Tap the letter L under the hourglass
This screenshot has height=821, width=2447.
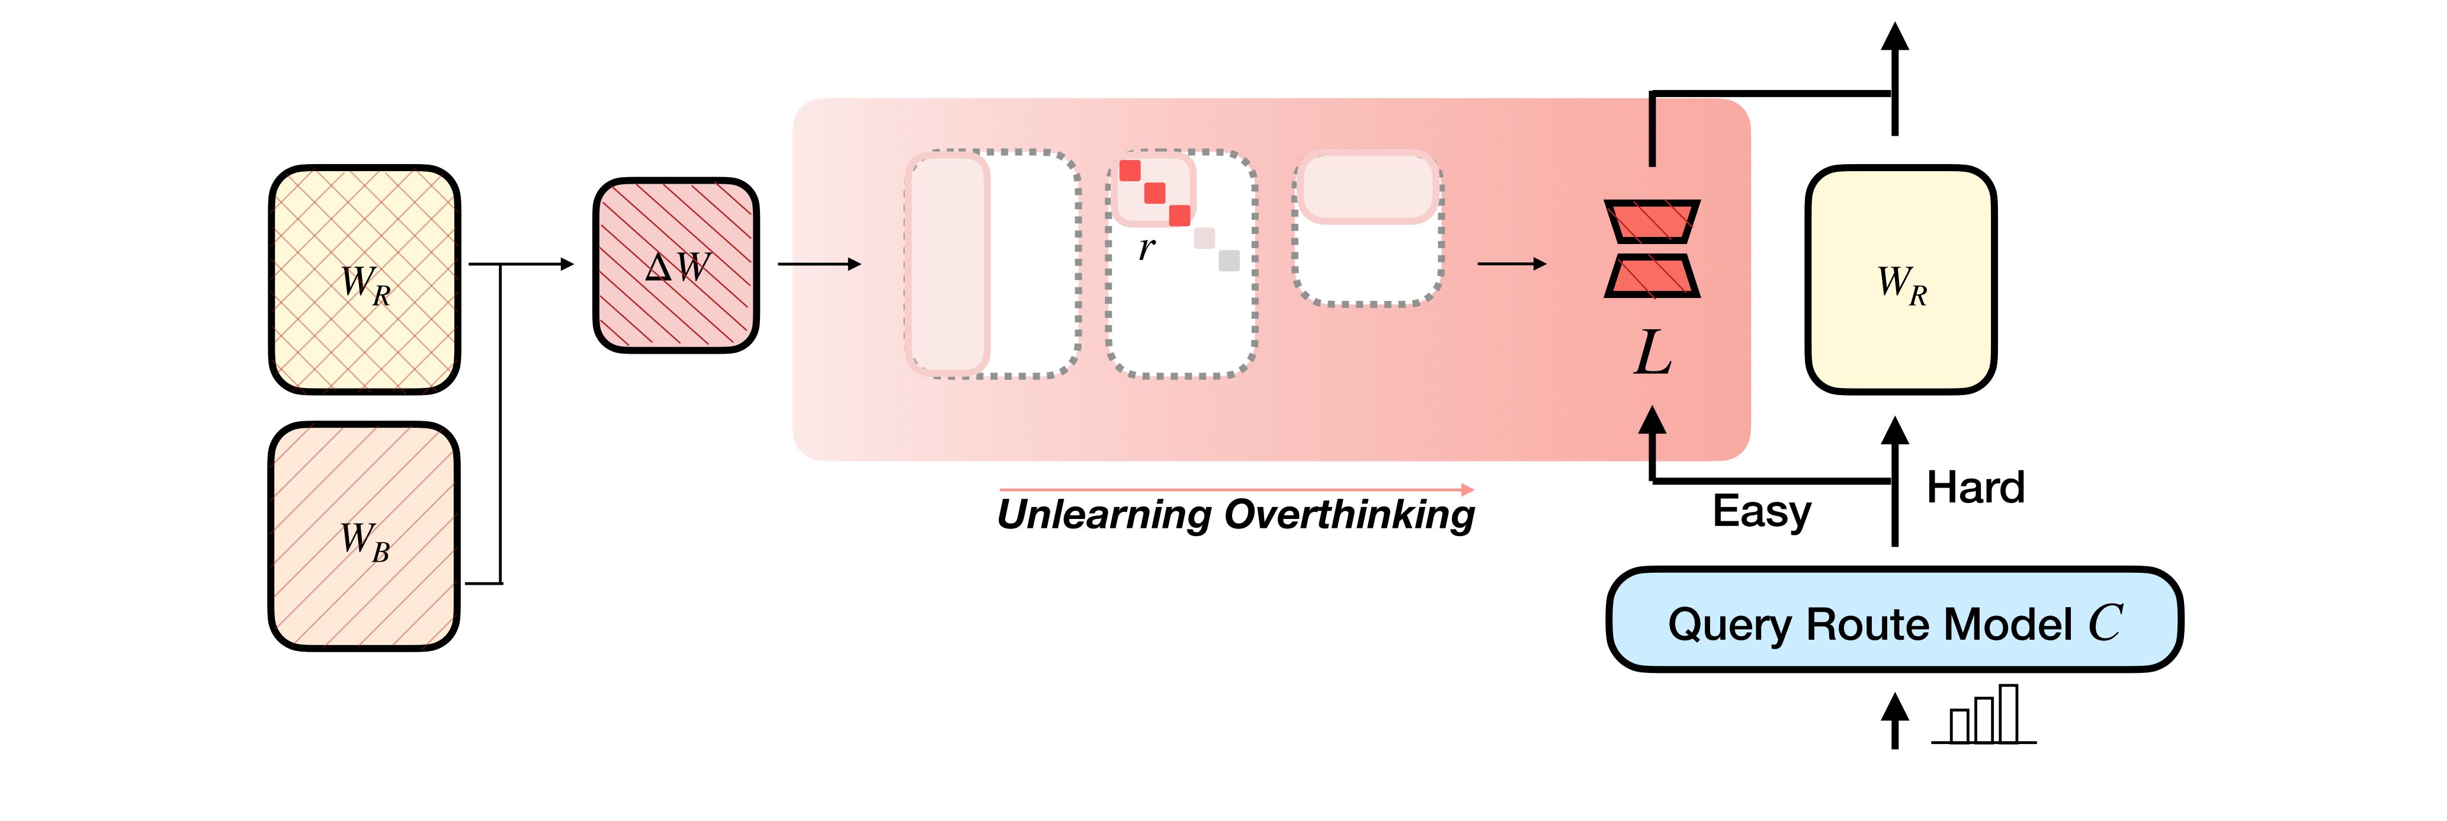pyautogui.click(x=1652, y=354)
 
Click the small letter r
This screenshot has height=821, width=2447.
pyautogui.click(x=1147, y=248)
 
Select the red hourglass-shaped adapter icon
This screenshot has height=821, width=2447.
pyautogui.click(x=1652, y=248)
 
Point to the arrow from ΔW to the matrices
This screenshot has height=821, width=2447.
pyautogui.click(x=819, y=264)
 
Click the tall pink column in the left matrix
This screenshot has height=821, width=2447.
pyautogui.click(x=948, y=263)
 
